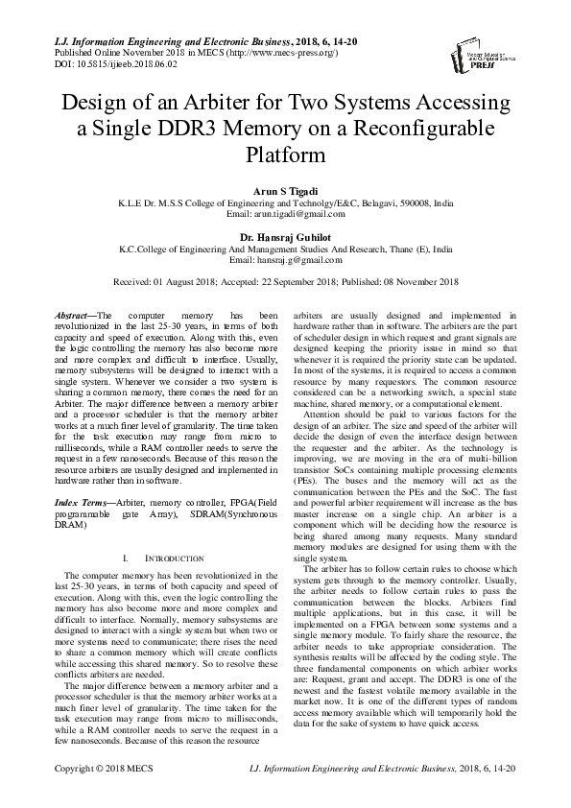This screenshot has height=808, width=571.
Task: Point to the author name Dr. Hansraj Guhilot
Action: pos(285,236)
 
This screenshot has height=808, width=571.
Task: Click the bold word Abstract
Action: pos(72,315)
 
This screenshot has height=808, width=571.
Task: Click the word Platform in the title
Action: pos(285,154)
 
